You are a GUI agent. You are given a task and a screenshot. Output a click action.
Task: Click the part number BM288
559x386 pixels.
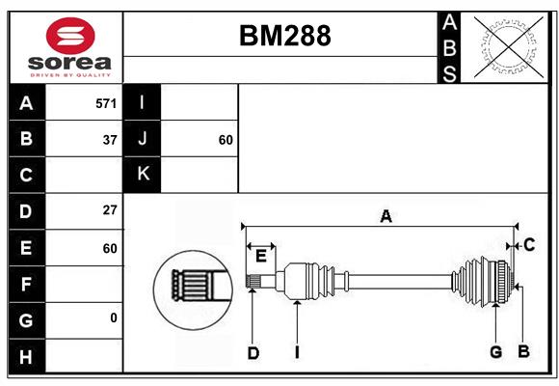click(x=285, y=36)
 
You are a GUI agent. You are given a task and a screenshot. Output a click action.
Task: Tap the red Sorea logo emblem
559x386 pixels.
click(x=70, y=36)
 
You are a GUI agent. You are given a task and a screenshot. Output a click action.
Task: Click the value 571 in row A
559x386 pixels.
click(x=106, y=103)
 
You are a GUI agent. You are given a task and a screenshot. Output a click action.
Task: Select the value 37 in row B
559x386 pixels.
click(x=110, y=140)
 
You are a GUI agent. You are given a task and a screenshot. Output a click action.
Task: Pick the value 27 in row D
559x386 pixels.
click(x=110, y=210)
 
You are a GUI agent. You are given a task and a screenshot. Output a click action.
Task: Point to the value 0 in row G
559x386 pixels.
click(x=114, y=317)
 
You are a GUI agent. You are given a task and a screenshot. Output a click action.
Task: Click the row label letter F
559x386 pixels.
click(x=26, y=285)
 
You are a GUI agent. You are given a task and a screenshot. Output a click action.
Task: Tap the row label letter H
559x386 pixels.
click(x=26, y=357)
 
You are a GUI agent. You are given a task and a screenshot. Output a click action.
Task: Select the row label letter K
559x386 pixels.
click(x=143, y=174)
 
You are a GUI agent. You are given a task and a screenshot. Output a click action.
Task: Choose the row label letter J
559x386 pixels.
click(x=143, y=138)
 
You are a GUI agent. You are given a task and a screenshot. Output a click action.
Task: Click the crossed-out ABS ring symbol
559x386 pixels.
click(x=509, y=46)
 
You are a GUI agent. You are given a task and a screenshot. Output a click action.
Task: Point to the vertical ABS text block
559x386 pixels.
click(x=449, y=47)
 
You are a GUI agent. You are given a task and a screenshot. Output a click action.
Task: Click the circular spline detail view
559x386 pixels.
click(x=193, y=290)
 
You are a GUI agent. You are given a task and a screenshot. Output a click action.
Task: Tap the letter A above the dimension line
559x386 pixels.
click(x=386, y=216)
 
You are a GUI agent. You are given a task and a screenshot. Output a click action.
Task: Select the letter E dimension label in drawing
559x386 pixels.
click(x=261, y=256)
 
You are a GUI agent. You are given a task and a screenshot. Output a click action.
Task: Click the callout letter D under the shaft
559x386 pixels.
click(x=253, y=353)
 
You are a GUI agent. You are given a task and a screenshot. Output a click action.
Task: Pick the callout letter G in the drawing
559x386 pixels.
click(x=496, y=352)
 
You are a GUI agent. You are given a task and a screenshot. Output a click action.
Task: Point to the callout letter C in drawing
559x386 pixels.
click(x=529, y=245)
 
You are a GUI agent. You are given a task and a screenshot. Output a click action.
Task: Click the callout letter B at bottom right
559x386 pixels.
click(x=523, y=351)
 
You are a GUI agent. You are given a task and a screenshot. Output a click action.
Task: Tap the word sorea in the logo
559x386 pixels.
click(x=69, y=63)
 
